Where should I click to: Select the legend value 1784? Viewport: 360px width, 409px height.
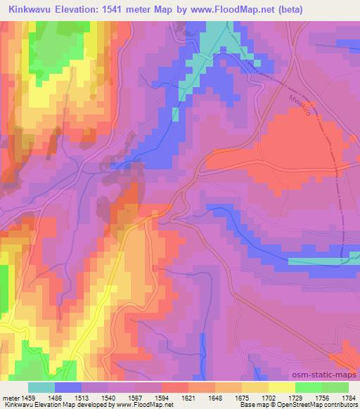[347, 398]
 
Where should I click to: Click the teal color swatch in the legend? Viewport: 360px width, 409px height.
[41, 388]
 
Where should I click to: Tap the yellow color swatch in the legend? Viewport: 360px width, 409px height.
[281, 388]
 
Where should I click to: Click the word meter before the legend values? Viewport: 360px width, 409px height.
[11, 398]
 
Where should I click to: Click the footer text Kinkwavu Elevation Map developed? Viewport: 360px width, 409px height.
[49, 405]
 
